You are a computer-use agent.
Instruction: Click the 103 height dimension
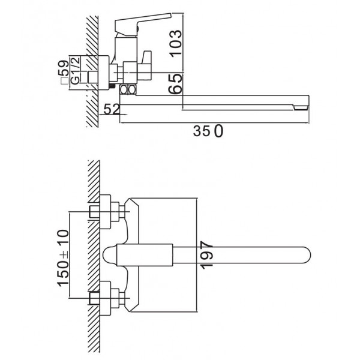point(176,43)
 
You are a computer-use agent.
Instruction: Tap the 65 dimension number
point(175,84)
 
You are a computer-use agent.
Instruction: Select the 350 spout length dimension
point(208,131)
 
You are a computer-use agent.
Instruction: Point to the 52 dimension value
point(112,109)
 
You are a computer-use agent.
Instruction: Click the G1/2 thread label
point(75,70)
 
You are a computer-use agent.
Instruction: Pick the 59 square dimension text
point(64,68)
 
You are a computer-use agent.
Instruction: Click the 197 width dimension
point(206,255)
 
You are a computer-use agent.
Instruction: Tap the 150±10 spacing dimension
point(63,258)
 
